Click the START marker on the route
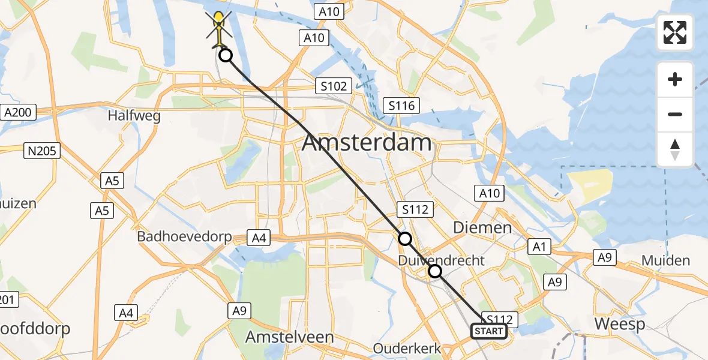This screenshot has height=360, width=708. (488, 331)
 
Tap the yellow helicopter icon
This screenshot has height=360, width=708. (220, 28)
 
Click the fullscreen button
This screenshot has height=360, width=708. (675, 32)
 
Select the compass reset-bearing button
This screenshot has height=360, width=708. (675, 149)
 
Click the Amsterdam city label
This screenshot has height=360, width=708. (367, 143)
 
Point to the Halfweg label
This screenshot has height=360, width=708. (134, 115)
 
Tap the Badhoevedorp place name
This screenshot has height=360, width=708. (184, 236)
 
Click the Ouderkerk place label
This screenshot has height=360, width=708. (407, 348)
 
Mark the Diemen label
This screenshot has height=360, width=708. (482, 227)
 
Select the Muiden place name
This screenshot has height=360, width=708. (665, 260)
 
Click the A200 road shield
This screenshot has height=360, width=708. (20, 112)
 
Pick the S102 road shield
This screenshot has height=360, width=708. (334, 86)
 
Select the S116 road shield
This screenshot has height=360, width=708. (401, 106)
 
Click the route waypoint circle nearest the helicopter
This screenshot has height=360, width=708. (225, 56)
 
